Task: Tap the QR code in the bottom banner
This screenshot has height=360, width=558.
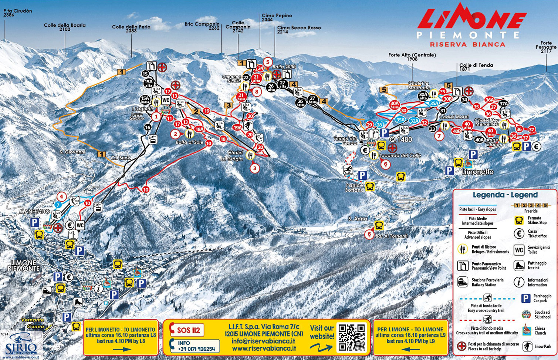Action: pyautogui.click(x=351, y=337)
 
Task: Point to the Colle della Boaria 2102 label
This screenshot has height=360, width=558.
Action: pyautogui.click(x=65, y=27)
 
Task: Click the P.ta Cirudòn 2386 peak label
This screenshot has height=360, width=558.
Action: pyautogui.click(x=17, y=13)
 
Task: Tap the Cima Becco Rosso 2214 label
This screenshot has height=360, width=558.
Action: pyautogui.click(x=299, y=30)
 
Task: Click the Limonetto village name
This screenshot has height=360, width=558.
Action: pyautogui.click(x=477, y=172)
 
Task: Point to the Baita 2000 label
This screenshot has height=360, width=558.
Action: pyautogui.click(x=284, y=67)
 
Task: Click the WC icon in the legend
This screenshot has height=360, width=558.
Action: pyautogui.click(x=519, y=250)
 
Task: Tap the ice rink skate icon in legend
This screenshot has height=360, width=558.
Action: pyautogui.click(x=519, y=266)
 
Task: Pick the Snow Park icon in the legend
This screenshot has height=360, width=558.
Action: pyautogui.click(x=527, y=347)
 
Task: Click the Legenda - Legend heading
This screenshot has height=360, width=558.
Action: pyautogui.click(x=505, y=195)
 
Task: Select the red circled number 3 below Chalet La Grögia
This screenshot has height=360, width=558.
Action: pyautogui.click(x=254, y=168)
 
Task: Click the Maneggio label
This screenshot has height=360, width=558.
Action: pyautogui.click(x=34, y=211)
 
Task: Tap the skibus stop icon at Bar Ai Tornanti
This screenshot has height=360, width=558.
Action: pyautogui.click(x=379, y=225)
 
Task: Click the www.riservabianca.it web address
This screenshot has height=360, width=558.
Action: pyautogui.click(x=264, y=348)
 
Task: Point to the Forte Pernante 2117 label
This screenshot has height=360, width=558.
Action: pyautogui.click(x=546, y=47)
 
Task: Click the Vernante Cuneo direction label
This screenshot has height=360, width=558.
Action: pyautogui.click(x=33, y=323)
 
